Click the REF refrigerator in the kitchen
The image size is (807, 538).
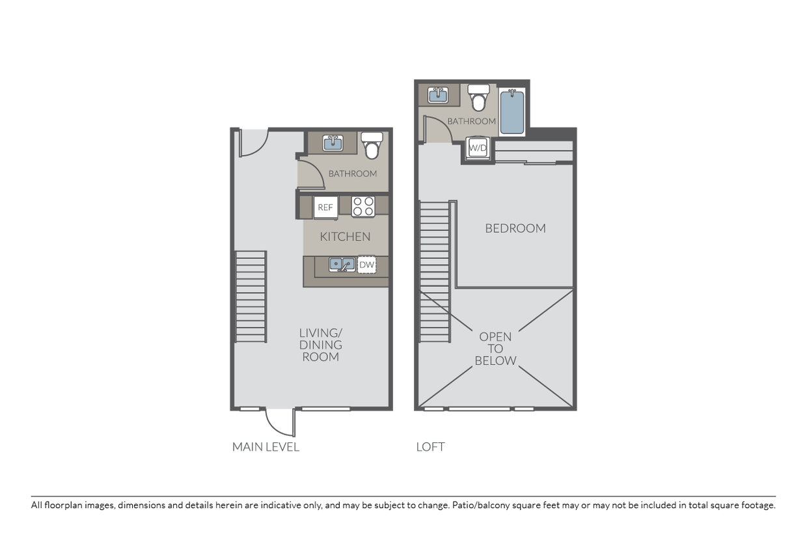pyautogui.click(x=325, y=208)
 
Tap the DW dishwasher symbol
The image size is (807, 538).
pyautogui.click(x=366, y=265)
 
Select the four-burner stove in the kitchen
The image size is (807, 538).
pyautogui.click(x=363, y=207)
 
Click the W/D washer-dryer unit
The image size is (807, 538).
pyautogui.click(x=478, y=148)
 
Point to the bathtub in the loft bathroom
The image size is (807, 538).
pyautogui.click(x=512, y=112)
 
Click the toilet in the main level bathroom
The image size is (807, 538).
pyautogui.click(x=372, y=146)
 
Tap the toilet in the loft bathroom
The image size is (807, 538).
pyautogui.click(x=478, y=98)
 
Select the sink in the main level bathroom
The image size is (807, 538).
pyautogui.click(x=333, y=143)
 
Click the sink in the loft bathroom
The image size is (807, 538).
pyautogui.click(x=438, y=95)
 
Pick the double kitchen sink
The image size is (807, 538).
pyautogui.click(x=342, y=265)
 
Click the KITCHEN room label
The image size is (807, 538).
pyautogui.click(x=345, y=237)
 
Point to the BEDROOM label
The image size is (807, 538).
pyautogui.click(x=515, y=228)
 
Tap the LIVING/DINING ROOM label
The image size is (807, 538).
pyautogui.click(x=321, y=345)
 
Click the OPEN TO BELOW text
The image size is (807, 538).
pyautogui.click(x=495, y=349)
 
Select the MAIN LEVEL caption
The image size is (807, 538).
pyautogui.click(x=266, y=447)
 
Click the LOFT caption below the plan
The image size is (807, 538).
pyautogui.click(x=430, y=447)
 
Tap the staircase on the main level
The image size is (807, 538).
pyautogui.click(x=251, y=297)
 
